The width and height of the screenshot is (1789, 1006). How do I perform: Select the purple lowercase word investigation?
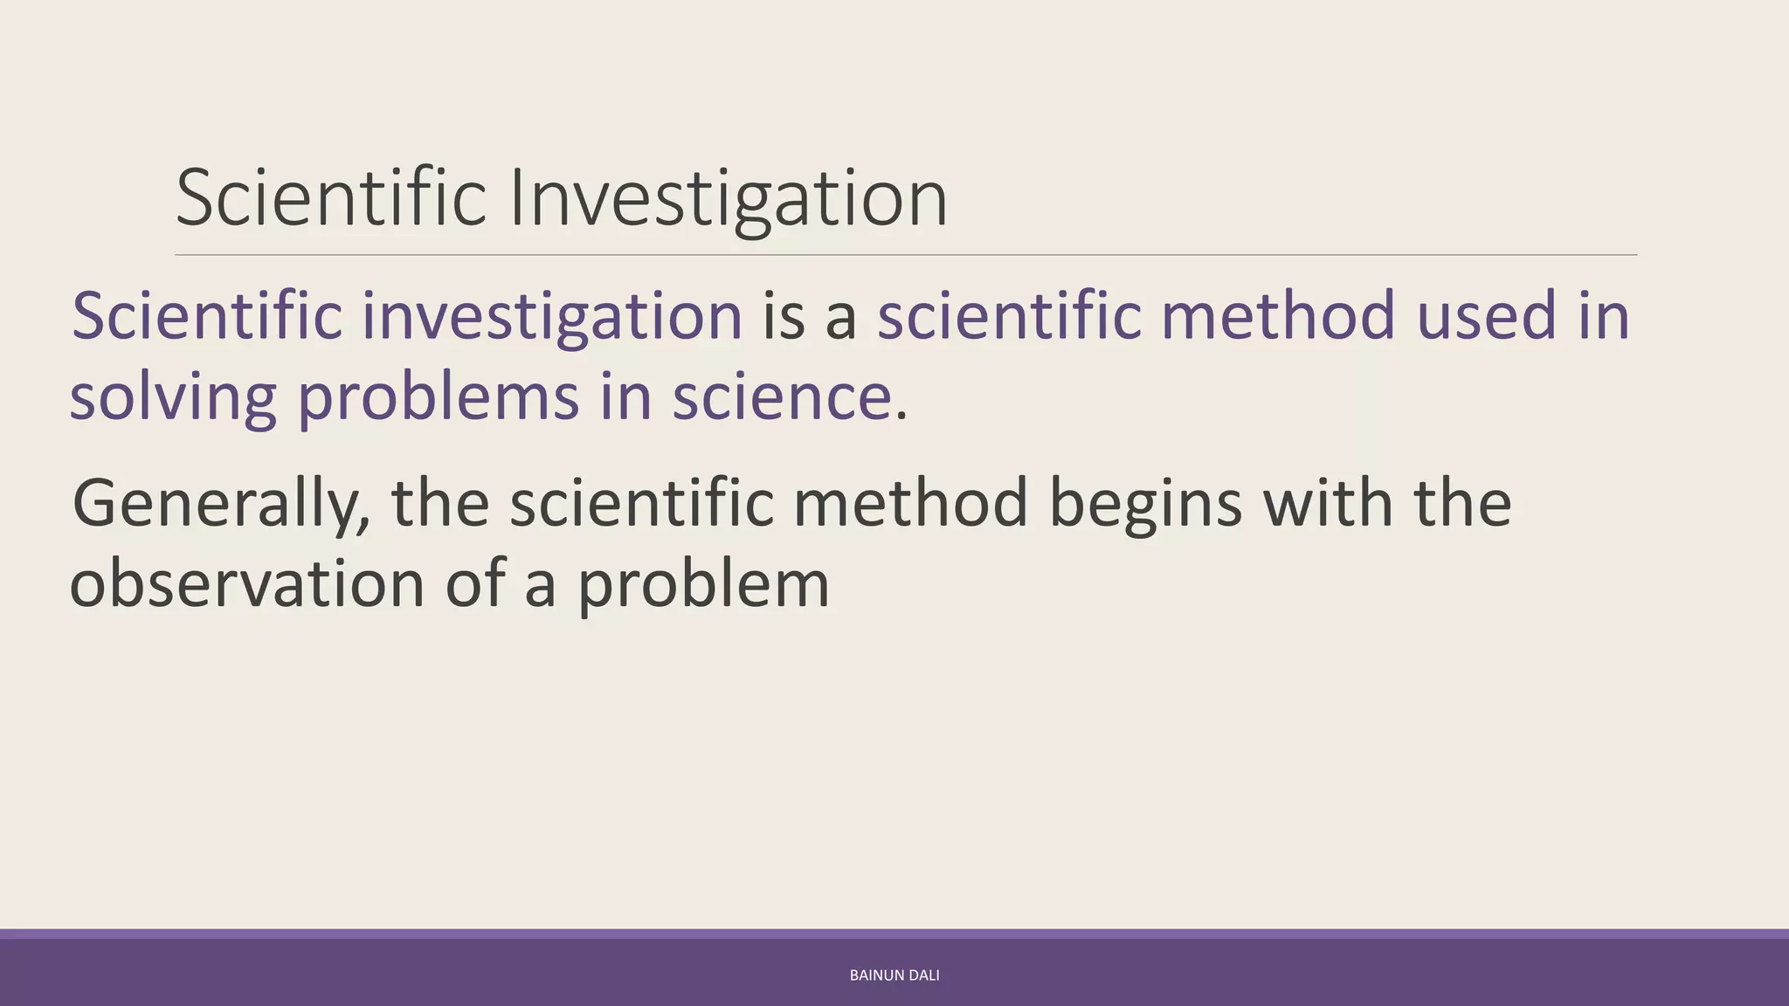point(552,316)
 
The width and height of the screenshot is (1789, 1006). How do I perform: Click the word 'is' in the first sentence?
point(784,316)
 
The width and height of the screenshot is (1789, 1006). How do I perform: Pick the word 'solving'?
point(173,397)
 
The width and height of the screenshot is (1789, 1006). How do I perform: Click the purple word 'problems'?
point(438,397)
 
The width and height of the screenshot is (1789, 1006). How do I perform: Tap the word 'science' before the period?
point(782,397)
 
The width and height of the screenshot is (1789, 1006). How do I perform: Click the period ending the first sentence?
point(901,415)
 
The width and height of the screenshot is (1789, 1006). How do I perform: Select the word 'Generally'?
point(220,504)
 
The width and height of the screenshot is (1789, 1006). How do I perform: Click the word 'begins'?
point(1144,504)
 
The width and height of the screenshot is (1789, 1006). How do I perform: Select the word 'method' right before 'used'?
point(1278,316)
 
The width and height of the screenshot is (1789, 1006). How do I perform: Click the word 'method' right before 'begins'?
point(910,504)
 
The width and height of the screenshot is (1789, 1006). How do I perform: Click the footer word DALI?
point(924,975)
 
